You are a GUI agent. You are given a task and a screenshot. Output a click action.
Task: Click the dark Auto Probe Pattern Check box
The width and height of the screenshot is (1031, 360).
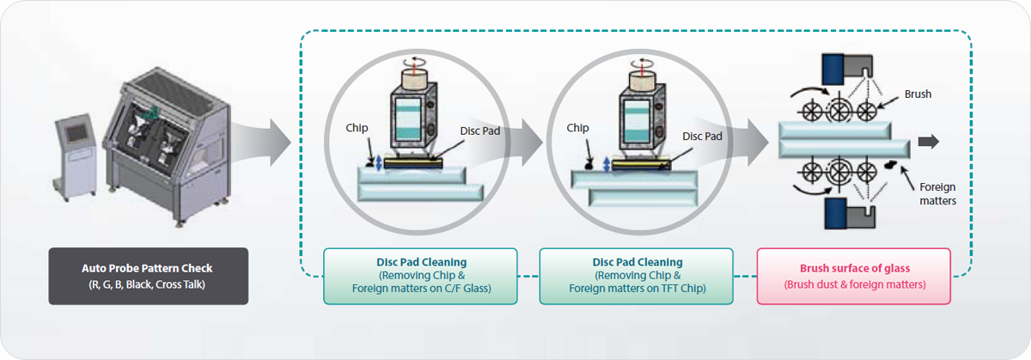point(148,276)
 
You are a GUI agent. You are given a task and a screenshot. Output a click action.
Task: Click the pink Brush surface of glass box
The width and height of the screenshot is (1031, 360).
point(853,276)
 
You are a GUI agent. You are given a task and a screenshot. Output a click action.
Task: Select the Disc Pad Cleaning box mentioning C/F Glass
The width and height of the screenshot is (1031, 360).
point(421,276)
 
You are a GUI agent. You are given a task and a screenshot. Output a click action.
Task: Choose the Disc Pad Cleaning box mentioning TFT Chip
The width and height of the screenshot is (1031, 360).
point(638,276)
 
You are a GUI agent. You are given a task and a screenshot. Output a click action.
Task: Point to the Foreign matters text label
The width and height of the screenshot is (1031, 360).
point(937,194)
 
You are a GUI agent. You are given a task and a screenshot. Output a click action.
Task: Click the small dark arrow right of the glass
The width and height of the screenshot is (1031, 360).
point(929,142)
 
